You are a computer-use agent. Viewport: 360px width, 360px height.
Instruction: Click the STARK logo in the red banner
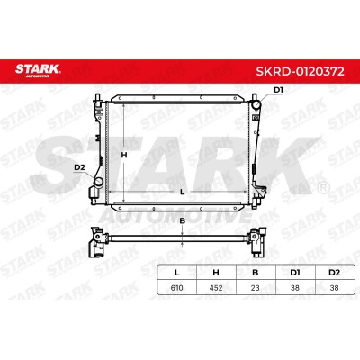(38, 70)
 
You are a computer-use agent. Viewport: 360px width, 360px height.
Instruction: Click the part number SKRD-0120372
(300, 71)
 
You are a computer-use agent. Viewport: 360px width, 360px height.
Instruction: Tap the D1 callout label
(278, 90)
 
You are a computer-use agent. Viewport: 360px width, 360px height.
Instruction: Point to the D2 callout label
(79, 168)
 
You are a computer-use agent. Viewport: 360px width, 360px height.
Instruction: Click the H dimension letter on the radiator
(124, 155)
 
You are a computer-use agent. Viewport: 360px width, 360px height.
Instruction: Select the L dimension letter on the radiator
(182, 192)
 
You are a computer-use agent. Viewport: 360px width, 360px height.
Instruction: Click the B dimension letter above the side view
(182, 221)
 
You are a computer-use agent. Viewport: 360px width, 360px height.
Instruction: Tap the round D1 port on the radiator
(256, 105)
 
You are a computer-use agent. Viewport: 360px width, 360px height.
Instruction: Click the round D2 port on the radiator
(98, 182)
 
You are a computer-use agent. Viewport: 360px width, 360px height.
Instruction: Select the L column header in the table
(177, 273)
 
